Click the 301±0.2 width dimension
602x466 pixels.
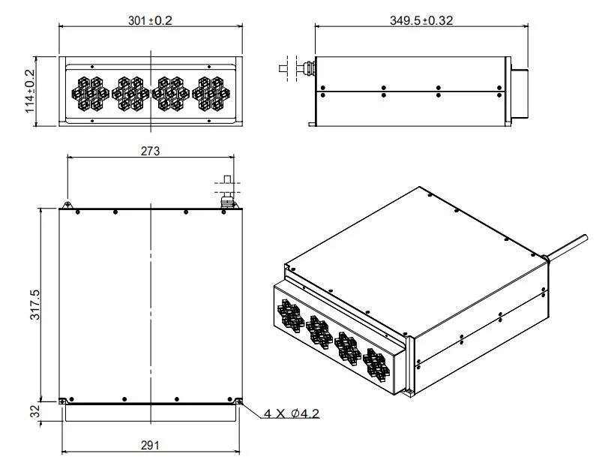151,20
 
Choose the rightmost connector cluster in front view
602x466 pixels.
211,92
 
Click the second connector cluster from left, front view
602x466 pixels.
130,92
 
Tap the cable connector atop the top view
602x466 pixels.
226,192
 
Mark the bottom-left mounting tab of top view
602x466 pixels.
65,401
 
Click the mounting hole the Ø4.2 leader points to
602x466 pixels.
239,401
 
